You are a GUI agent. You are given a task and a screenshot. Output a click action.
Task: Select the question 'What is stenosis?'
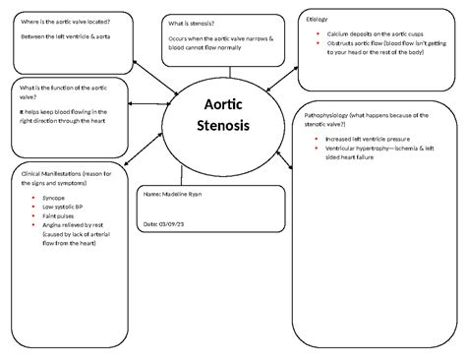(195, 23)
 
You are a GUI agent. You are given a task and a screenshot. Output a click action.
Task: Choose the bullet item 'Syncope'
(56, 199)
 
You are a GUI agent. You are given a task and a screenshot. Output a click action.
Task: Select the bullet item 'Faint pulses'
(61, 216)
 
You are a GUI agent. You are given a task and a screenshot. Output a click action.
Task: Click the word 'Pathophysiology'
(333, 115)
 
